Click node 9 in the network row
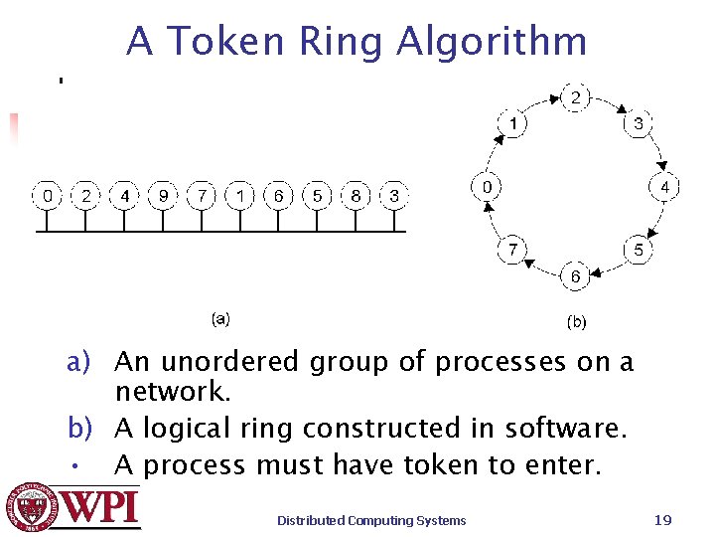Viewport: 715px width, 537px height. [x=164, y=196]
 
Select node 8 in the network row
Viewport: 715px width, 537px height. [x=356, y=196]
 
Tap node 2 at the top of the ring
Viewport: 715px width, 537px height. [x=575, y=98]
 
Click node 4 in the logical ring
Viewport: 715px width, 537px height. [x=664, y=187]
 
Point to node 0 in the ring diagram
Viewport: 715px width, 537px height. [x=487, y=187]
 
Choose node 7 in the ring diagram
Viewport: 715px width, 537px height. [x=512, y=250]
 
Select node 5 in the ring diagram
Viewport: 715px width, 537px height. [x=638, y=250]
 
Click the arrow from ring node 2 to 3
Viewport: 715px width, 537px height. [x=609, y=105]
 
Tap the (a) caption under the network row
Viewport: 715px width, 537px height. [x=220, y=318]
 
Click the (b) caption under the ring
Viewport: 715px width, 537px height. [x=576, y=322]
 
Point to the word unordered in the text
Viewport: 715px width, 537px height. [x=228, y=361]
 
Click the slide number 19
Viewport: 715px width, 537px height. [x=663, y=520]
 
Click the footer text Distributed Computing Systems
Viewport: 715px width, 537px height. [x=371, y=520]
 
